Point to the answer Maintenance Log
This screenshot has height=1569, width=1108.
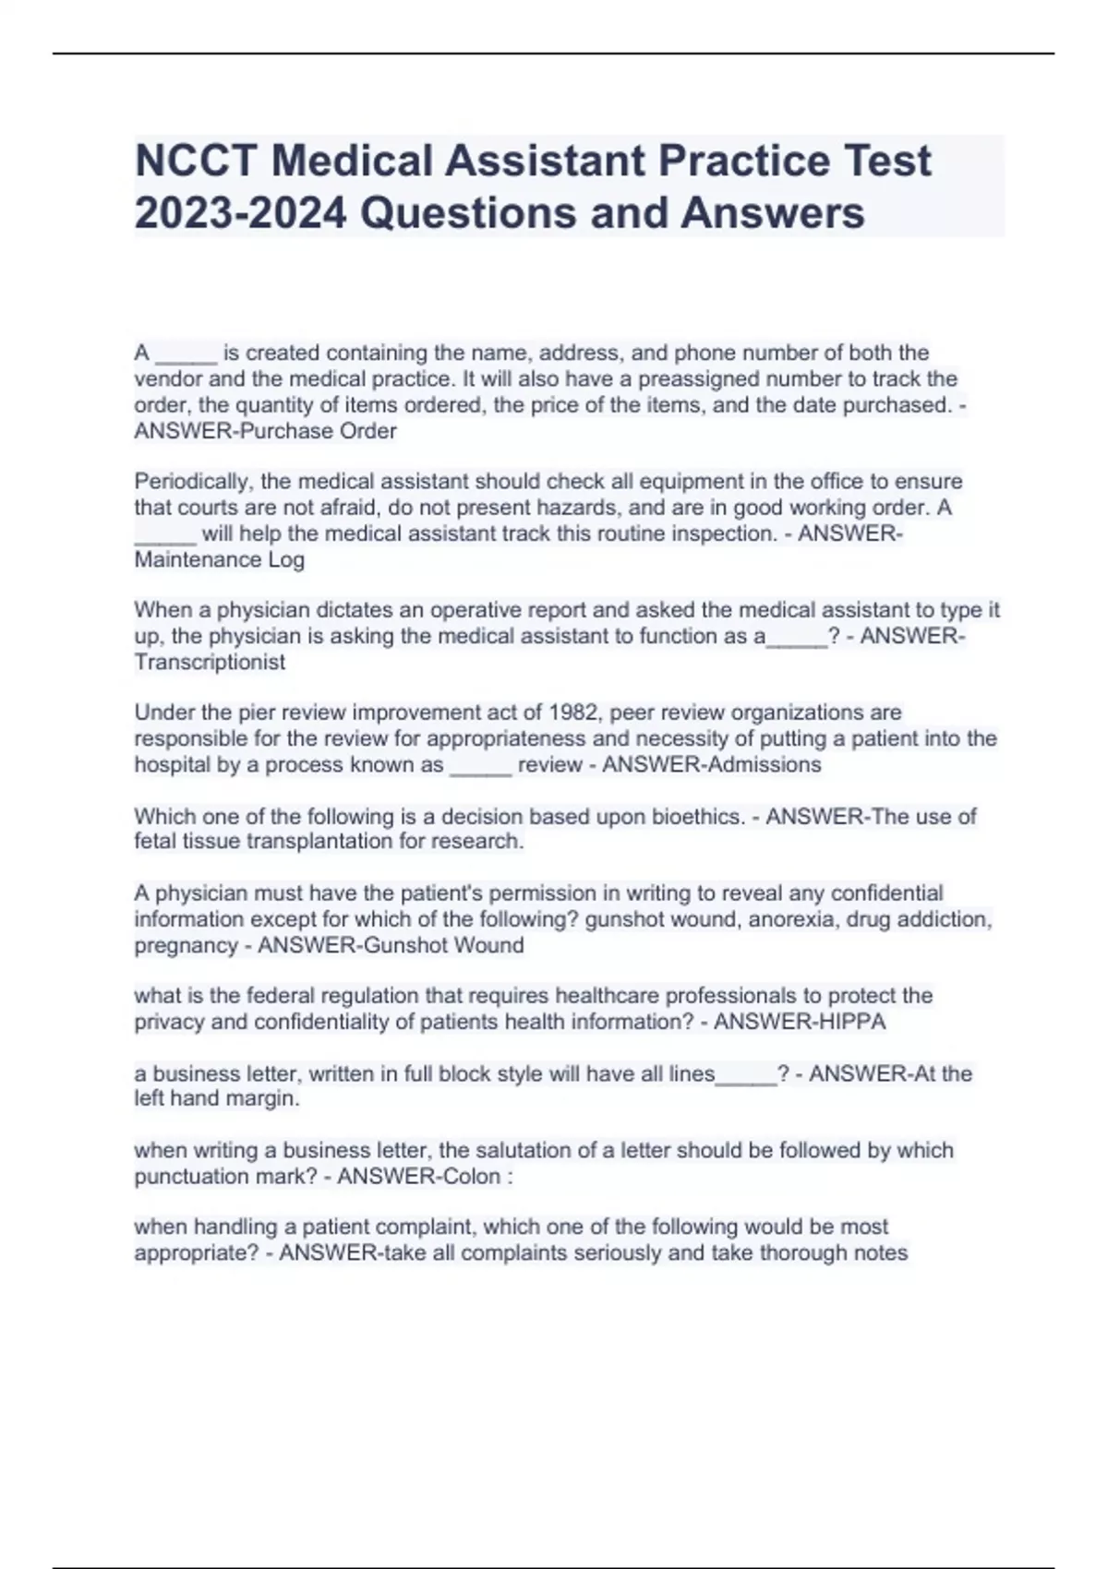pyautogui.click(x=219, y=559)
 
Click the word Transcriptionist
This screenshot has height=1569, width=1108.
pyautogui.click(x=210, y=662)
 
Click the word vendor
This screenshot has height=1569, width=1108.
pyautogui.click(x=164, y=378)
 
